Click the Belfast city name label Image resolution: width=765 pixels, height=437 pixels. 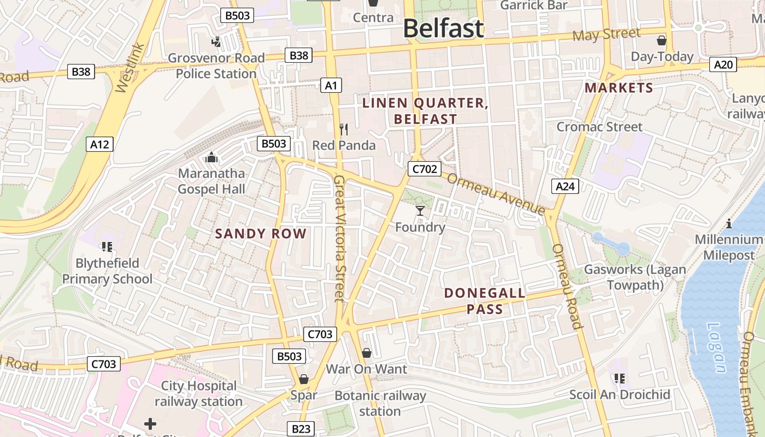(x=443, y=28)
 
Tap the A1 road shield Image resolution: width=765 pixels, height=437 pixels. (x=331, y=85)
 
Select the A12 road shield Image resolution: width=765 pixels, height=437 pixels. (x=99, y=145)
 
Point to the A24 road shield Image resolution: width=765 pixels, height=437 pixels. (x=564, y=186)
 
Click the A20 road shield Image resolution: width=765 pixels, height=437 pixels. (x=723, y=65)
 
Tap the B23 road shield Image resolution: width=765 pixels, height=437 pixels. (x=301, y=429)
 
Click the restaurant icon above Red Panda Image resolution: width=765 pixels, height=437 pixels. (x=344, y=129)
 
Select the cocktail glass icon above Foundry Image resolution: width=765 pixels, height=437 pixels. (x=420, y=211)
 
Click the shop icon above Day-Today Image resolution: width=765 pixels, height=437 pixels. (x=661, y=40)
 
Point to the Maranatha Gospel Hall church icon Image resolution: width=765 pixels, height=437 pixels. (x=211, y=158)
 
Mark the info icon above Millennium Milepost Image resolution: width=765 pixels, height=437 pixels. (x=728, y=223)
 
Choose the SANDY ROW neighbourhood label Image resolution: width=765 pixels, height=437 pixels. (x=261, y=234)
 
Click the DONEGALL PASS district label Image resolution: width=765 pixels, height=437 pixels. (x=485, y=301)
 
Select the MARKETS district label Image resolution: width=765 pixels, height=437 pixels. (x=619, y=88)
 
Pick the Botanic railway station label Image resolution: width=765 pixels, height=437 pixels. (x=380, y=403)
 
